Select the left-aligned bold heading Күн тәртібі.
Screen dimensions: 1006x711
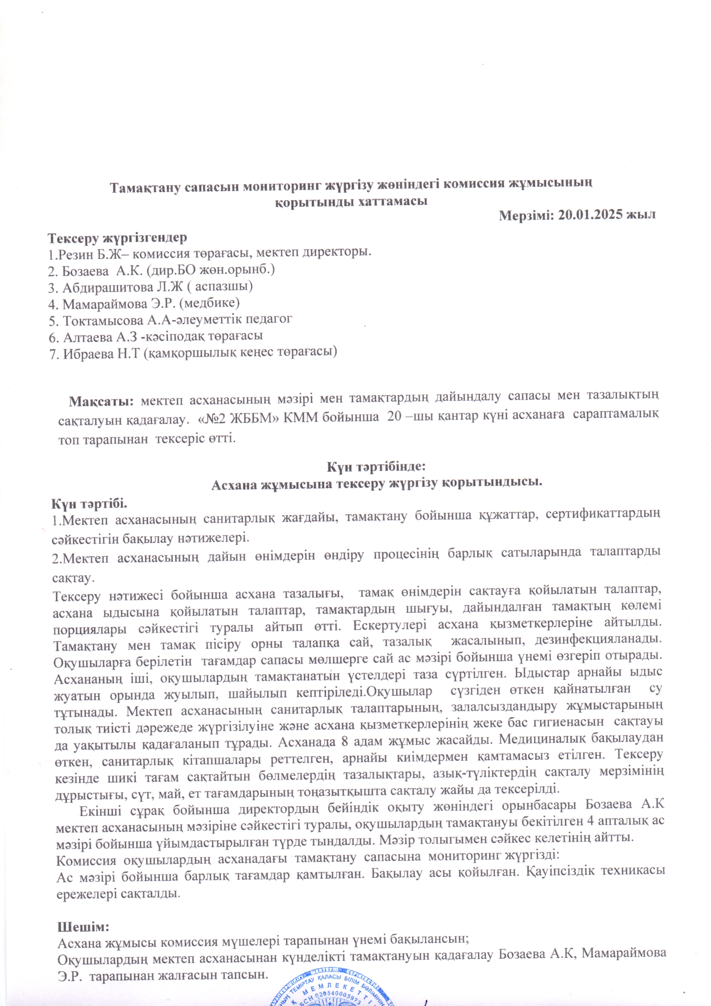(90, 504)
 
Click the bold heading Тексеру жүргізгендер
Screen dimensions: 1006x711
(117, 238)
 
